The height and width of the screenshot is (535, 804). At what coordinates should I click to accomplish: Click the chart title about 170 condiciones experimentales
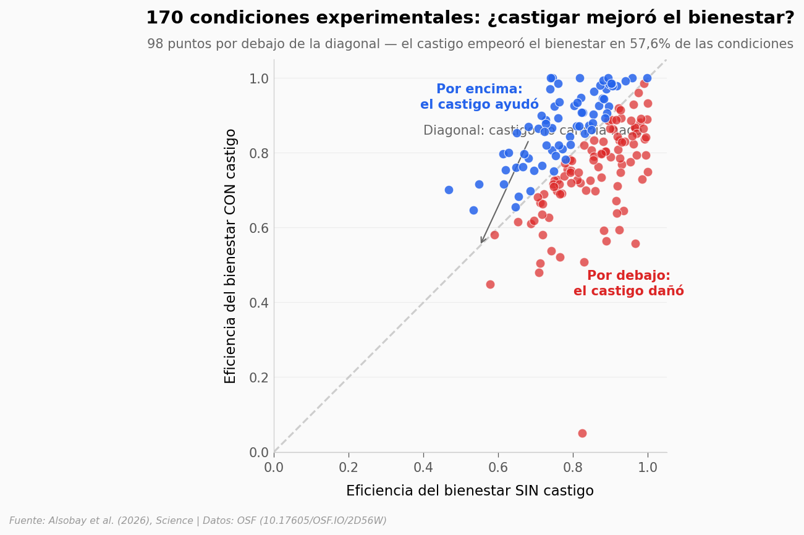point(470,19)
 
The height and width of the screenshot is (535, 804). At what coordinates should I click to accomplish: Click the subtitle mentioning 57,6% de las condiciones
point(470,44)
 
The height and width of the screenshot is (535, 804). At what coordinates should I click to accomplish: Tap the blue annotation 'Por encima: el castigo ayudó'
point(479,97)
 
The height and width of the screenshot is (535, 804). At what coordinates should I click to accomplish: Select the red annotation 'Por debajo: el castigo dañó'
point(628,284)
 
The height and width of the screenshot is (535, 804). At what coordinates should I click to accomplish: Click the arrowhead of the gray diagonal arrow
point(481,242)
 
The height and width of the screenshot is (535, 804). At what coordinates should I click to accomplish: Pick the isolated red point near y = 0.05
point(582,433)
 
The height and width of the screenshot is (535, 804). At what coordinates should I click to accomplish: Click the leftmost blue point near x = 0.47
point(449,190)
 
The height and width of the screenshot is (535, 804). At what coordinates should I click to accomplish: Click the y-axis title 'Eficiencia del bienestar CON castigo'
point(231,256)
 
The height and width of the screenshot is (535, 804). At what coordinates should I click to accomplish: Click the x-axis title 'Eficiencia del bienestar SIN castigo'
point(470,491)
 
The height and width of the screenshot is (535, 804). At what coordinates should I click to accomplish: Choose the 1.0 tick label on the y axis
point(259,78)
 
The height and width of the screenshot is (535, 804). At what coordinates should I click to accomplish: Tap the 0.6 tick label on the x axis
point(498,468)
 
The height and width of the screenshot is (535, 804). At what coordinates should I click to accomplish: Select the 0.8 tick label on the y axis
point(259,153)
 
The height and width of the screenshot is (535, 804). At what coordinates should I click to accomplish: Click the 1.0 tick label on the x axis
point(648,468)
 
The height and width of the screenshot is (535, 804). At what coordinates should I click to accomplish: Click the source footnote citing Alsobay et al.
point(198,521)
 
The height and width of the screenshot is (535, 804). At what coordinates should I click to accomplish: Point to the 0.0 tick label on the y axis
point(259,452)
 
